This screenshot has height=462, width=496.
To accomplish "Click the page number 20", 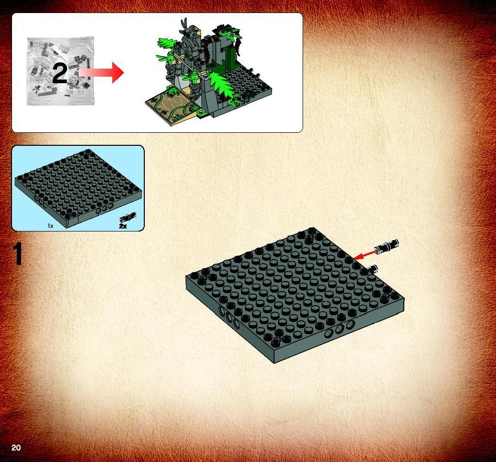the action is (16, 447).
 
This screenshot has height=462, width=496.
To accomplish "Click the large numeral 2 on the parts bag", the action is (60, 73).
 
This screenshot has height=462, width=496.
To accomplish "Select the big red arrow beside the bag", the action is (101, 73).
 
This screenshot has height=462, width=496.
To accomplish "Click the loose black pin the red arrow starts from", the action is (387, 246).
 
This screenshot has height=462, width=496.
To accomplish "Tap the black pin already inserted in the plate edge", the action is (373, 269).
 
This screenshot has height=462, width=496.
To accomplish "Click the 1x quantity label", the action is (51, 225).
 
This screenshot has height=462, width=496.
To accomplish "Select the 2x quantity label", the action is (123, 226).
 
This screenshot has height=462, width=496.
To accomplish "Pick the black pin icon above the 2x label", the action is (128, 217).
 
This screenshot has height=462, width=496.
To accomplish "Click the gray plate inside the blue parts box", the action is (78, 188).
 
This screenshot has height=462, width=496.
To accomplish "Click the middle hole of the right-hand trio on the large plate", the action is (339, 329).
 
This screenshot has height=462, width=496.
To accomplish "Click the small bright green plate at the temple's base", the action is (202, 114).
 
